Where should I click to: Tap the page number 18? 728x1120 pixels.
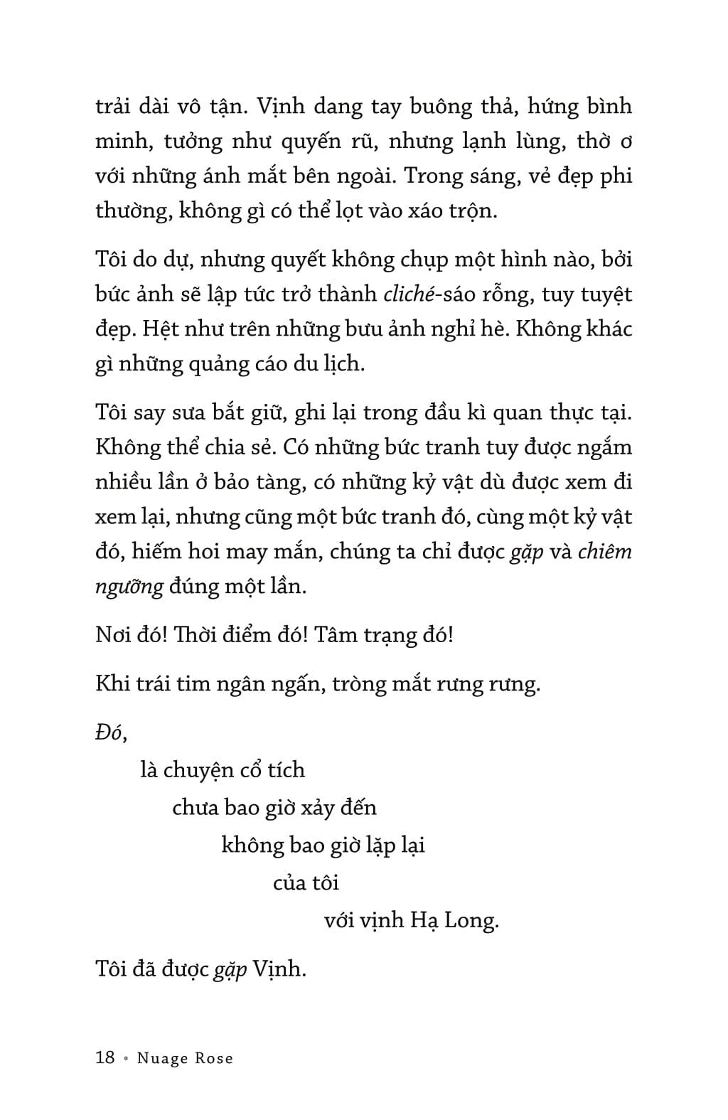point(105,1057)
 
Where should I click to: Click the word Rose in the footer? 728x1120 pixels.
point(213,1058)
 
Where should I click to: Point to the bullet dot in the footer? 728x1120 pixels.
point(126,1059)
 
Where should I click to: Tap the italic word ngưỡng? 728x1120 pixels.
point(129,587)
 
